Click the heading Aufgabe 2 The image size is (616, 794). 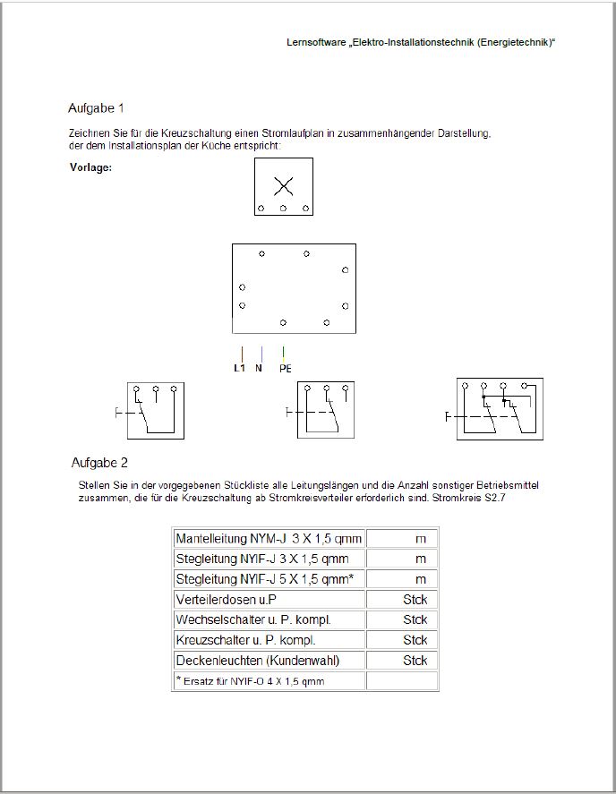click(99, 463)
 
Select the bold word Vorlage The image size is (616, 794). click(90, 167)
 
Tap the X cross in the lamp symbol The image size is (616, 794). click(283, 186)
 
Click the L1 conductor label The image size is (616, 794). click(239, 368)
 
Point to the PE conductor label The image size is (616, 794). click(285, 368)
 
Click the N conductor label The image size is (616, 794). click(259, 368)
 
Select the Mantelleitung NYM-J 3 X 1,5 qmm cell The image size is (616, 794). click(269, 539)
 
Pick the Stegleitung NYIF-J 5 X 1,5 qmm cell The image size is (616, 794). click(269, 579)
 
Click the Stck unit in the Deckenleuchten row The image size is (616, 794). click(415, 661)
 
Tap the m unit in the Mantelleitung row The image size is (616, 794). click(420, 539)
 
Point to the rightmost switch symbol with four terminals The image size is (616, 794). click(500, 408)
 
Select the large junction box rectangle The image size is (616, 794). click(294, 288)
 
